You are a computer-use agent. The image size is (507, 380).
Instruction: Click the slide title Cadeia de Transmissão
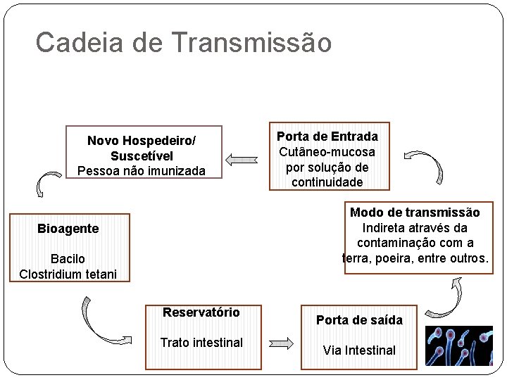pyautogui.click(x=183, y=42)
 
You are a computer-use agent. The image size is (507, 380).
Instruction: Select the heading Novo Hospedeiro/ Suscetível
pyautogui.click(x=142, y=148)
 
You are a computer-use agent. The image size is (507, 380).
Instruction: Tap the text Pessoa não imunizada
pyautogui.click(x=142, y=171)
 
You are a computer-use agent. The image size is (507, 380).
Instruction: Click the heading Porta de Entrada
pyautogui.click(x=327, y=137)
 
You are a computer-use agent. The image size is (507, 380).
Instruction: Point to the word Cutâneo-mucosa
pyautogui.click(x=327, y=152)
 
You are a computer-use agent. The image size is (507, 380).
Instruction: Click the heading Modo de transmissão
pyautogui.click(x=415, y=213)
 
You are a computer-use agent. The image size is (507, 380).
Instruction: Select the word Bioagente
pyautogui.click(x=68, y=229)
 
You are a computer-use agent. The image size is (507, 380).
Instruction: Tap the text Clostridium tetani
pyautogui.click(x=68, y=274)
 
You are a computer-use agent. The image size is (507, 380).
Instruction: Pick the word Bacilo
pyautogui.click(x=68, y=259)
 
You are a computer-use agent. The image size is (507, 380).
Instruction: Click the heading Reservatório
pyautogui.click(x=201, y=312)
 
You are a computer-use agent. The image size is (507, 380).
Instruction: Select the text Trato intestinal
pyautogui.click(x=201, y=343)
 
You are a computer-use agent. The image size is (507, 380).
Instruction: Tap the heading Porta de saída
pyautogui.click(x=359, y=320)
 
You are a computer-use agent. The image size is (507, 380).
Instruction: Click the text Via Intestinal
pyautogui.click(x=359, y=350)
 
